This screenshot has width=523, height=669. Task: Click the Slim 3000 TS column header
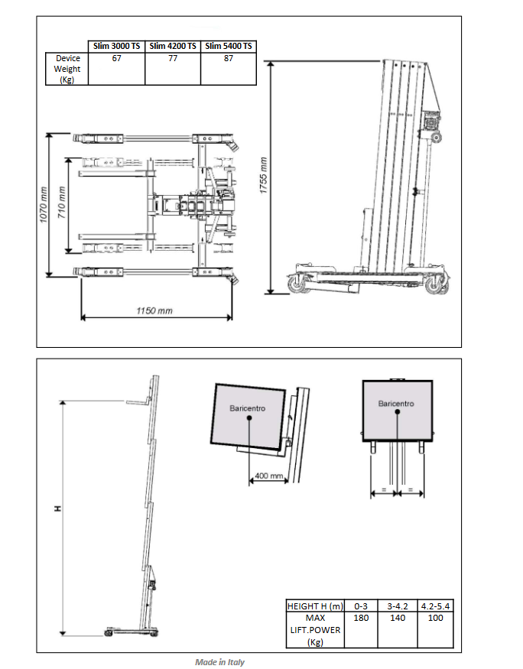[x=116, y=46]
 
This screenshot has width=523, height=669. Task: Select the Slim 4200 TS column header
[x=173, y=46]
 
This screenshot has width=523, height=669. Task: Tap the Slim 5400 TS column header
[x=229, y=46]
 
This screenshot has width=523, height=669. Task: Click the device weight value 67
[x=116, y=58]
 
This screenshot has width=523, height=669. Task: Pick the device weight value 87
[x=229, y=58]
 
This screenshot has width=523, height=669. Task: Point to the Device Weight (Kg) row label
[x=67, y=69]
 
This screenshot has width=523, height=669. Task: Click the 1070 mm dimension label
[x=43, y=205]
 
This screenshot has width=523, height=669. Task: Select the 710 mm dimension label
[x=62, y=203]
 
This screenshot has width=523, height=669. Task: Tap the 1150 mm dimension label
[x=154, y=310]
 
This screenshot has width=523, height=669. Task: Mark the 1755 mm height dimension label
[x=264, y=176]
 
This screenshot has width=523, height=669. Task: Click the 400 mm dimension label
[x=268, y=476]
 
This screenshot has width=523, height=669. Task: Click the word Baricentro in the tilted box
[x=248, y=408]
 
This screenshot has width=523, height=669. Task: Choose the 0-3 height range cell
[x=361, y=606]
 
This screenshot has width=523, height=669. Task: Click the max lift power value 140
[x=398, y=618]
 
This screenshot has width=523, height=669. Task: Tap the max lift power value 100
[x=436, y=618]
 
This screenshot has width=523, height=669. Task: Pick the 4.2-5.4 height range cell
[x=436, y=606]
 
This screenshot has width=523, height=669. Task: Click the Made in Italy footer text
[x=219, y=662]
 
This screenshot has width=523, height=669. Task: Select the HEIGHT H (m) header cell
[x=315, y=606]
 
